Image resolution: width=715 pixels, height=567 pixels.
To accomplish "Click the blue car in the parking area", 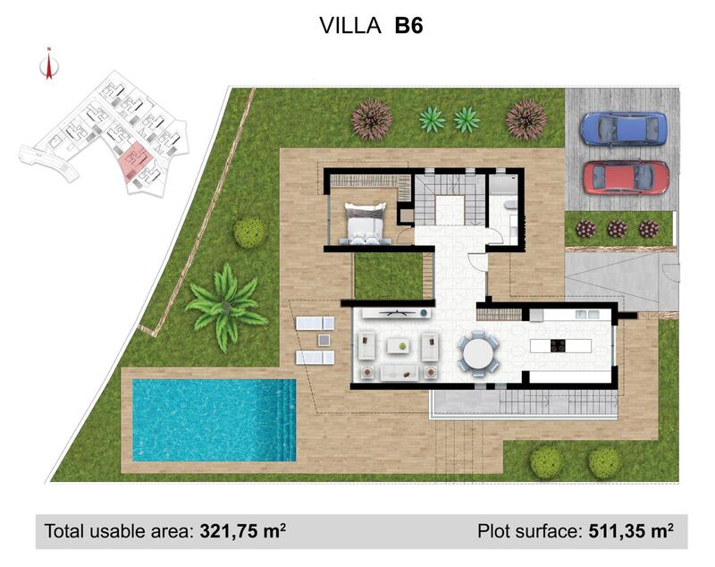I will [623, 128].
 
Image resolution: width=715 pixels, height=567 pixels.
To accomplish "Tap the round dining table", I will [481, 351].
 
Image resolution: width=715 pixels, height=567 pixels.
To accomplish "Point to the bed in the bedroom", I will [366, 223].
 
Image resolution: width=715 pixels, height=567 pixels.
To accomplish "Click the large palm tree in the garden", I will [224, 304].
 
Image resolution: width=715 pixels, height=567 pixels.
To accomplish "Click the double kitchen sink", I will [587, 314].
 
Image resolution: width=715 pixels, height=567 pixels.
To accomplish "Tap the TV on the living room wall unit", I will [394, 312].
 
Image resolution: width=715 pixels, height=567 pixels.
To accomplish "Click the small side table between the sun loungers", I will [322, 340].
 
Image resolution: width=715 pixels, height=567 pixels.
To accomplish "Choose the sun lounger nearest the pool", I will [314, 358].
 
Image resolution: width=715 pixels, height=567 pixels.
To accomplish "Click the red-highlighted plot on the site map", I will [137, 158].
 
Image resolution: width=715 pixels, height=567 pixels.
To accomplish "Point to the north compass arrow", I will [49, 65].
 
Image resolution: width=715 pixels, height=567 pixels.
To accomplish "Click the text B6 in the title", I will [408, 26].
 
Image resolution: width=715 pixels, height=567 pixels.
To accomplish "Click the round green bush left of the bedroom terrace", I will [249, 233].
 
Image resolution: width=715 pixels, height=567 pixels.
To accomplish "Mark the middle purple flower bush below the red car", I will [618, 229].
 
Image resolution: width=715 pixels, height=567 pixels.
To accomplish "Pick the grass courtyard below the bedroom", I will [388, 275].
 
